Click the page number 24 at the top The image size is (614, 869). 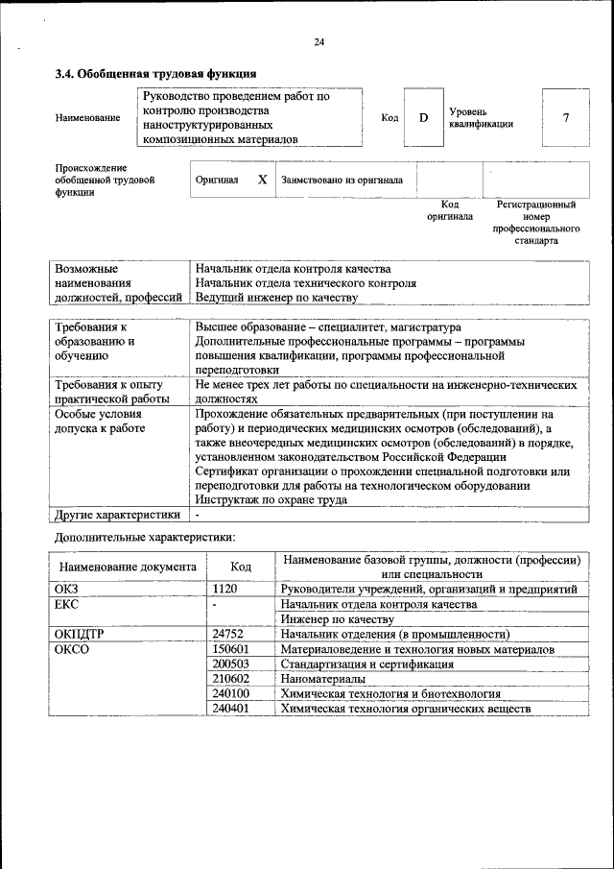[x=319, y=41]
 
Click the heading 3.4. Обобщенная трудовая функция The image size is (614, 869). [x=154, y=73]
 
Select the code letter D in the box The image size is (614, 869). [x=423, y=117]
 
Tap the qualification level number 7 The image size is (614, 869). [x=566, y=117]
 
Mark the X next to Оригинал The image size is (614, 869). [x=262, y=180]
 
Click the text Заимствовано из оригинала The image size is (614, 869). [x=342, y=180]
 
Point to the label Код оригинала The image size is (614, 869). [x=450, y=210]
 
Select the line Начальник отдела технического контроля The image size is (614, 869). [x=305, y=283]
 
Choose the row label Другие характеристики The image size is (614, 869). [x=117, y=515]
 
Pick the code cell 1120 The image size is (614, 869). [x=224, y=589]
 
